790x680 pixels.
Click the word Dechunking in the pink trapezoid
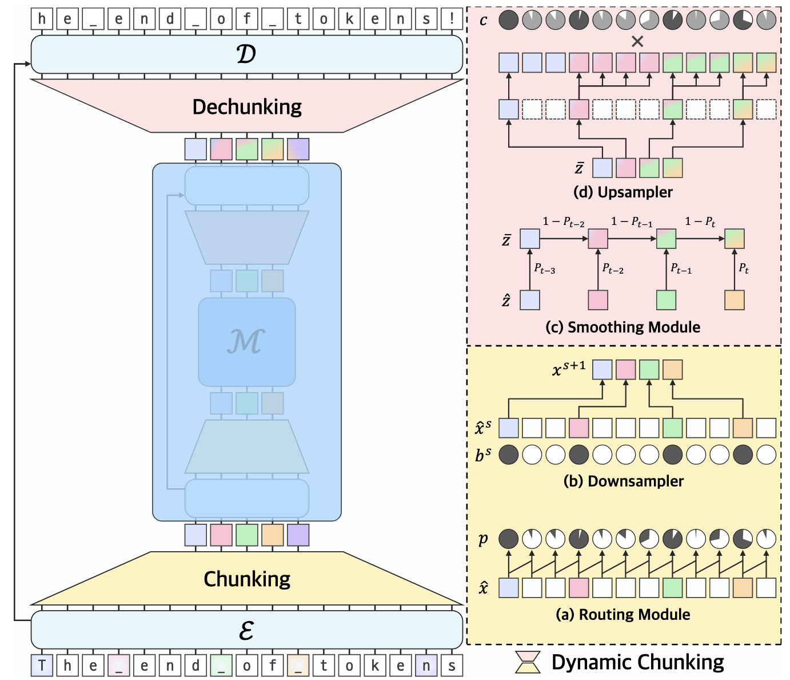tap(247, 107)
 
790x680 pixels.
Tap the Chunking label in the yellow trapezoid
tap(247, 579)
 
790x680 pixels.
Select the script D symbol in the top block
tap(246, 54)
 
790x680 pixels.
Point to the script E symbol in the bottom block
tap(246, 630)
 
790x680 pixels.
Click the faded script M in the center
tap(246, 341)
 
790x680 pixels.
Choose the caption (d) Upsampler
tap(623, 192)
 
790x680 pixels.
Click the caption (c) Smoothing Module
tap(623, 327)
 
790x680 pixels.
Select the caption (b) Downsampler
tap(623, 481)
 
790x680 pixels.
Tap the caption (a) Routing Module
tap(623, 614)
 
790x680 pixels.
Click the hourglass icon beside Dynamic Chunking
tap(528, 662)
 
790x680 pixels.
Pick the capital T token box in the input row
tap(42, 666)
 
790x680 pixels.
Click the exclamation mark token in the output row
tap(452, 18)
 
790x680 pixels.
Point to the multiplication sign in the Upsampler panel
tap(637, 41)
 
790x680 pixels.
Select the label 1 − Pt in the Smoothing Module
tap(700, 222)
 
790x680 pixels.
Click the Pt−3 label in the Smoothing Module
tap(544, 268)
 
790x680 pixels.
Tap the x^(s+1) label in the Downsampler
tap(569, 369)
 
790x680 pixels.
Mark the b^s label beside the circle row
tap(483, 455)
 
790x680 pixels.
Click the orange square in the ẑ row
tap(734, 300)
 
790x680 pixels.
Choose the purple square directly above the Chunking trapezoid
tap(298, 535)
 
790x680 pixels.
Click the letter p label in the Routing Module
tap(483, 539)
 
